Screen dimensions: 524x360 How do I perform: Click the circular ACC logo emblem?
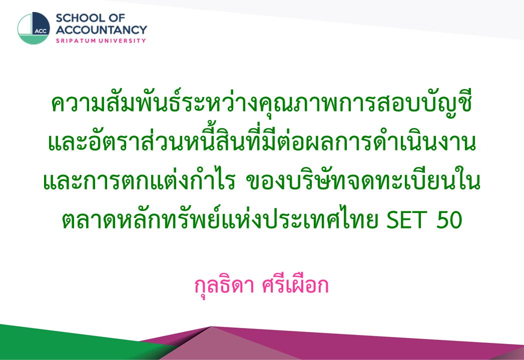pos(34,28)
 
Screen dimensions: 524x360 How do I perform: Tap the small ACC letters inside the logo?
pos(41,31)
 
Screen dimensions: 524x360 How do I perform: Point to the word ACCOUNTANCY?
pos(101,29)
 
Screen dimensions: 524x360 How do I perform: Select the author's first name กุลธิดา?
pos(225,286)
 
